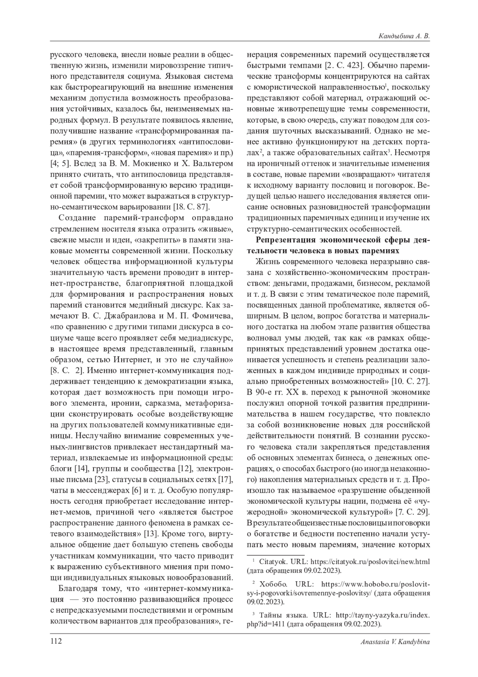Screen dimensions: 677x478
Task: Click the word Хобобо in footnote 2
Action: point(273,584)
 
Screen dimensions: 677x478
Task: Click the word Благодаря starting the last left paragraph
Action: point(76,588)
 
